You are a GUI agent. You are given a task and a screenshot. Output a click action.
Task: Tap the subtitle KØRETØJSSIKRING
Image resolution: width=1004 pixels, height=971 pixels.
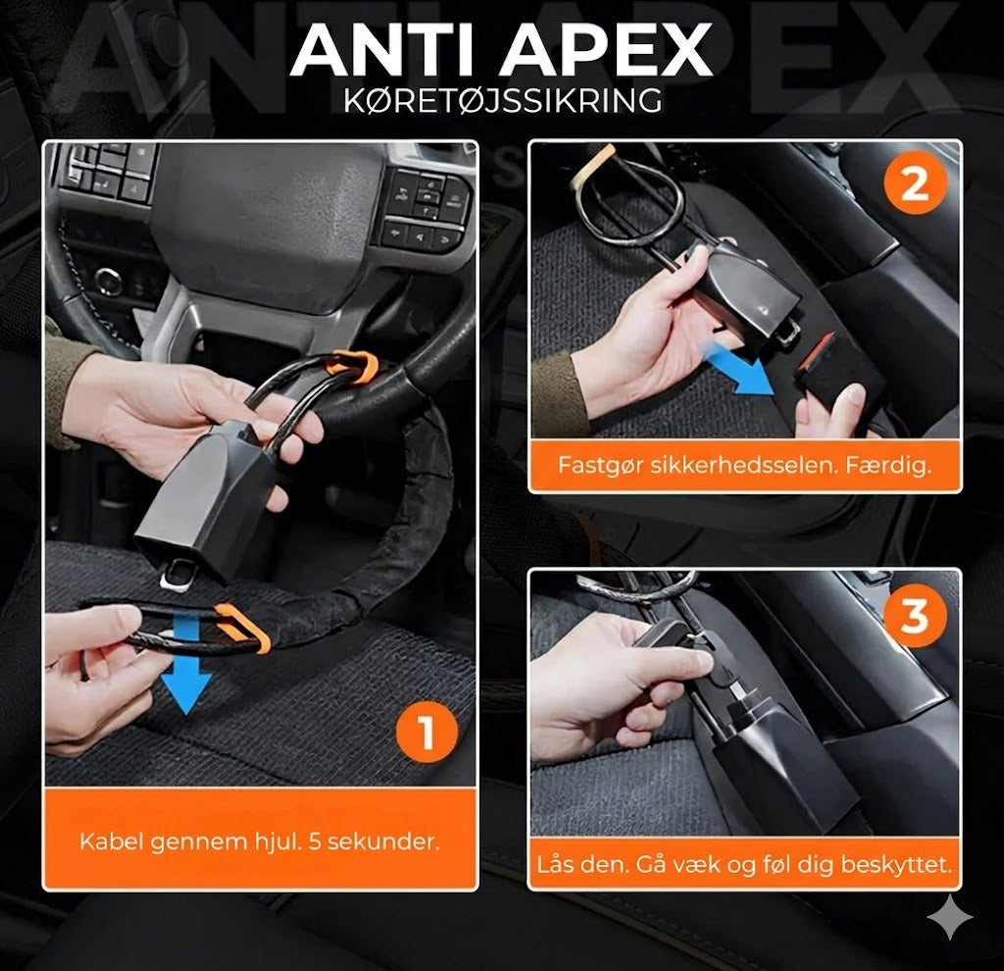[x=501, y=101]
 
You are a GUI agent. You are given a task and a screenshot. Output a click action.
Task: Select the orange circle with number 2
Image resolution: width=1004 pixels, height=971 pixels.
[x=914, y=184]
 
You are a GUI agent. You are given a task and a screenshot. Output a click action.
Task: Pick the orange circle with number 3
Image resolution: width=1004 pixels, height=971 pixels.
[x=914, y=616]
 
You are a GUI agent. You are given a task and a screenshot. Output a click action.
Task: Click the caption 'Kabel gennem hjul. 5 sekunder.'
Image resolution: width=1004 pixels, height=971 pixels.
[x=259, y=842]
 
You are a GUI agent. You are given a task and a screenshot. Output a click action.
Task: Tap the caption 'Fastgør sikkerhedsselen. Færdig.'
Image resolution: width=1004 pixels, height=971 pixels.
[x=744, y=464]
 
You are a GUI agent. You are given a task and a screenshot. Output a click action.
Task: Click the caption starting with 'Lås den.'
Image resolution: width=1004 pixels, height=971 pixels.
[x=744, y=865]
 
